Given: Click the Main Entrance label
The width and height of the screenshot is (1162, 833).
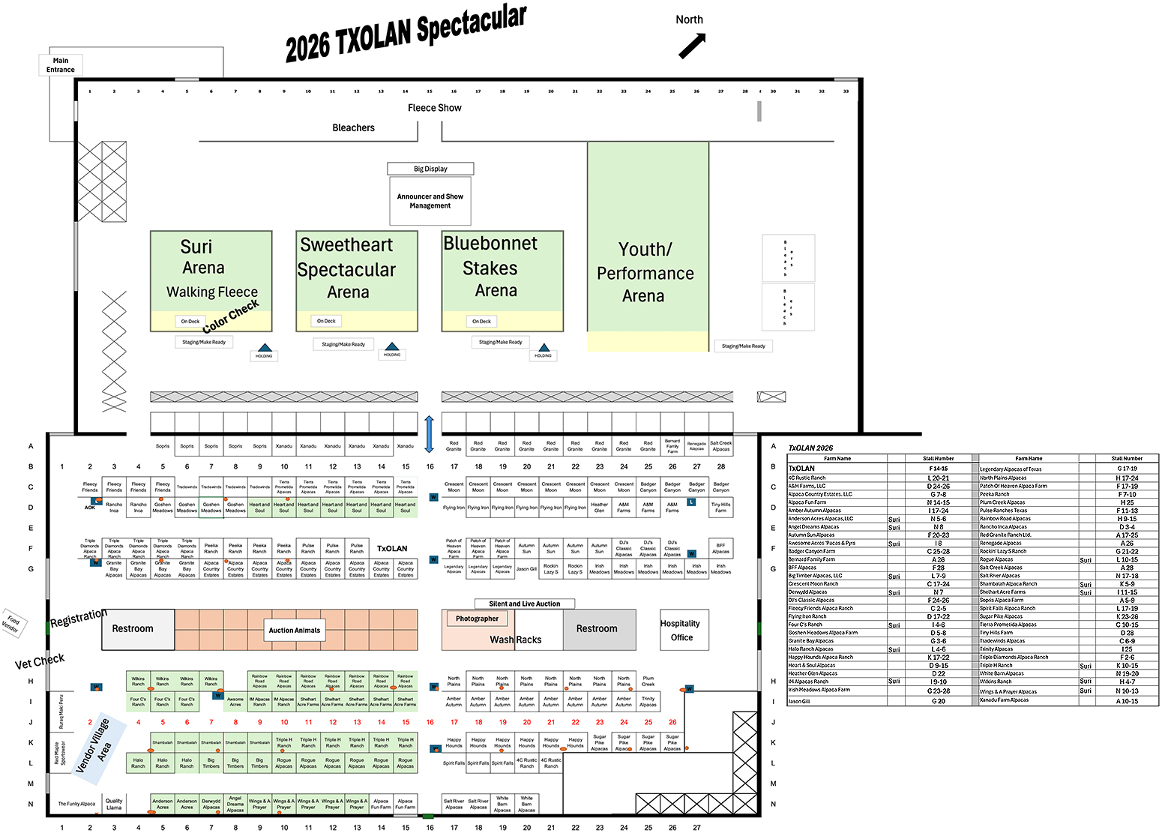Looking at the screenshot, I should click(61, 65).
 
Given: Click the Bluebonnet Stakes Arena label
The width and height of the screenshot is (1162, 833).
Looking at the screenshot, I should click(491, 267).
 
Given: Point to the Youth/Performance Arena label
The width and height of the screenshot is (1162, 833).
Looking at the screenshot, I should click(645, 272).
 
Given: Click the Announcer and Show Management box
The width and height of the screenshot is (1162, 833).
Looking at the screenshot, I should click(430, 201).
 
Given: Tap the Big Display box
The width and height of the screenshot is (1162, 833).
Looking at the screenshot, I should click(430, 169).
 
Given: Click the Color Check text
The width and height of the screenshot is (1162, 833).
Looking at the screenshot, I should click(231, 316).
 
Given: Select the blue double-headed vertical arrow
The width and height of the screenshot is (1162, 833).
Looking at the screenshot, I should click(429, 434).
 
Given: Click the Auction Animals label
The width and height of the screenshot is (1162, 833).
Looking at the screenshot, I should click(295, 630).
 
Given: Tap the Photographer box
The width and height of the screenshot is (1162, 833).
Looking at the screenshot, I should click(477, 619).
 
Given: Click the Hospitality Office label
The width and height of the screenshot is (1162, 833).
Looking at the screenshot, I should click(680, 630).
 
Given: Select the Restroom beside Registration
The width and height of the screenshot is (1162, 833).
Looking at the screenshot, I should click(133, 628).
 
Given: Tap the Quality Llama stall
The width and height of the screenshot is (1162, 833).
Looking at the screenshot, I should click(114, 804).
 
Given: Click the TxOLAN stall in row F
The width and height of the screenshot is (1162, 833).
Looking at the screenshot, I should click(392, 549).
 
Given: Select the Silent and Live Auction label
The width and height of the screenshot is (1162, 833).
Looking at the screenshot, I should click(525, 604).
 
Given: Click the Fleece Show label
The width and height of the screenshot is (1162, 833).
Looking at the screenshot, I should click(435, 108).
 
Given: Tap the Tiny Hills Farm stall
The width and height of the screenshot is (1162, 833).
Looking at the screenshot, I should click(720, 508).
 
